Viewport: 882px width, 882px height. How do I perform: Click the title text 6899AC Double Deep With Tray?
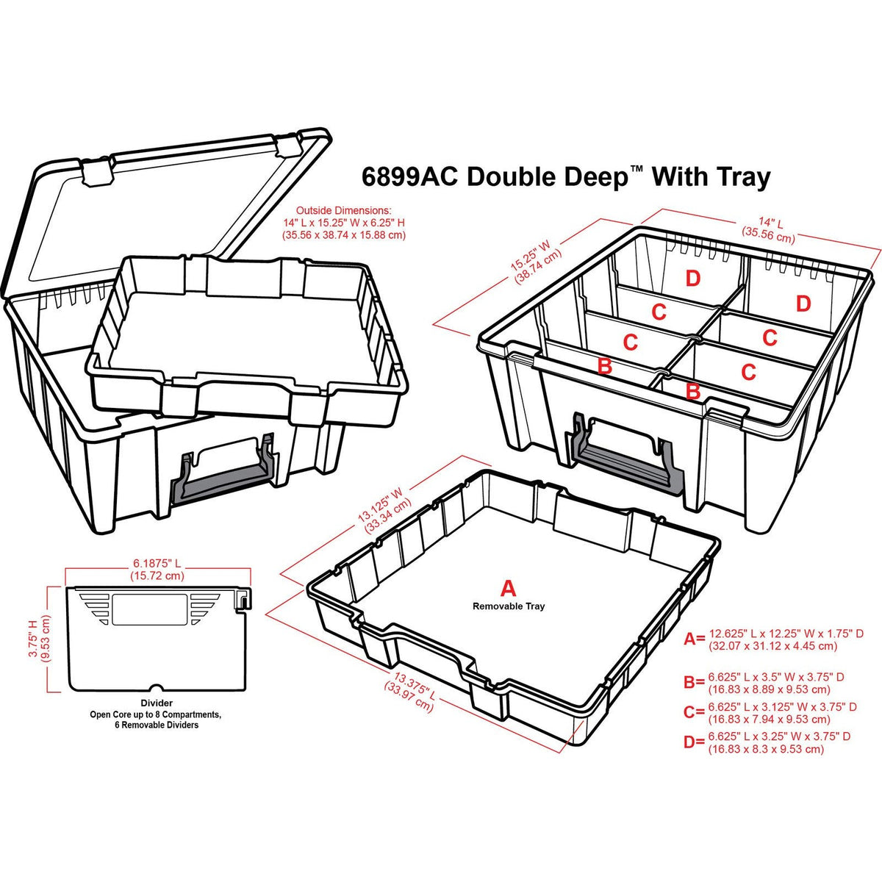[566, 176]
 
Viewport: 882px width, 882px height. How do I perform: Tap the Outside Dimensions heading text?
[344, 210]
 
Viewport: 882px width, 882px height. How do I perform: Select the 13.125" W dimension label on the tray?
[383, 509]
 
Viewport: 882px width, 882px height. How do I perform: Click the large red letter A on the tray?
[508, 589]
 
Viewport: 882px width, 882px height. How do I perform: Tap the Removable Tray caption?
[509, 606]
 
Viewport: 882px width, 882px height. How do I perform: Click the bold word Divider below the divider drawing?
[157, 703]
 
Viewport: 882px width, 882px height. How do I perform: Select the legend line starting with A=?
[773, 639]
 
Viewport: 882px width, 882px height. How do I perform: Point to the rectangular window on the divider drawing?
[149, 609]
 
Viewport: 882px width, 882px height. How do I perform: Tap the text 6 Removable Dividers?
[157, 725]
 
